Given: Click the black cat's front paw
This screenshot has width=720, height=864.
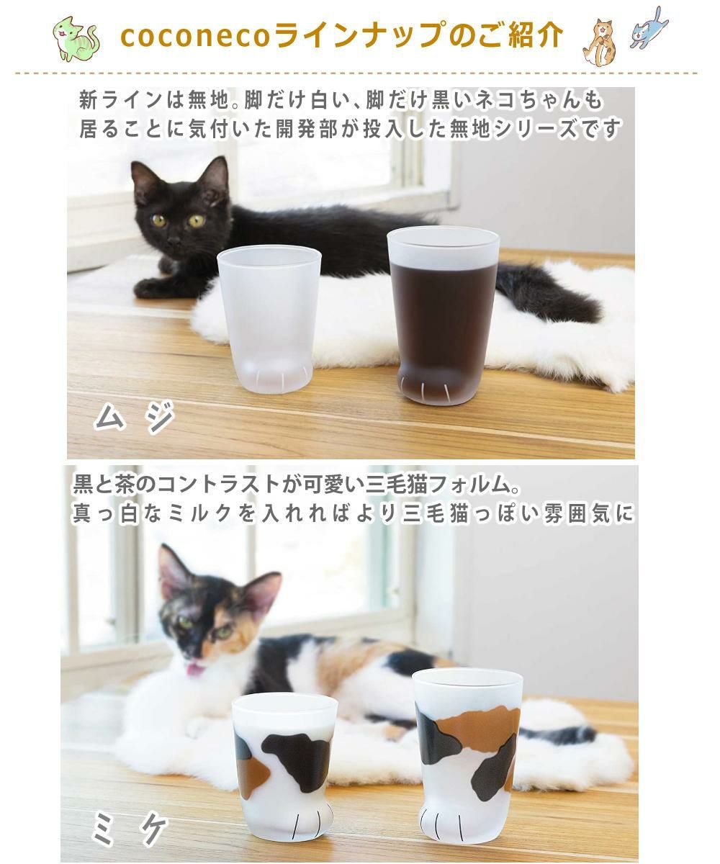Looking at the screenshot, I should [x=151, y=288].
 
